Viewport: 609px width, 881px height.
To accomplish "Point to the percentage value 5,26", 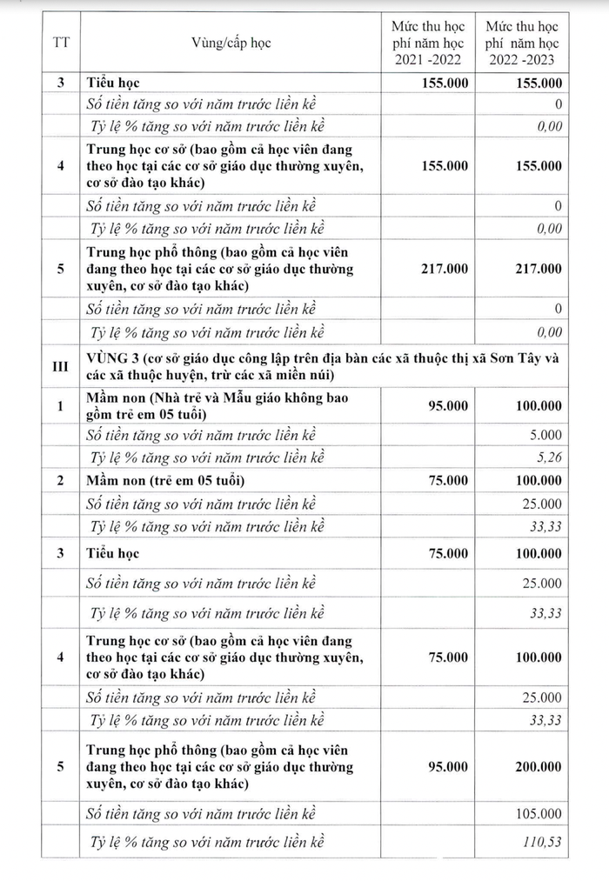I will point(549,458).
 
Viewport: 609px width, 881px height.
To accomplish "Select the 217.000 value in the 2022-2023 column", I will point(537,269).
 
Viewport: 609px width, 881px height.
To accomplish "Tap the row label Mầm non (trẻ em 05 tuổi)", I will point(165,481).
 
